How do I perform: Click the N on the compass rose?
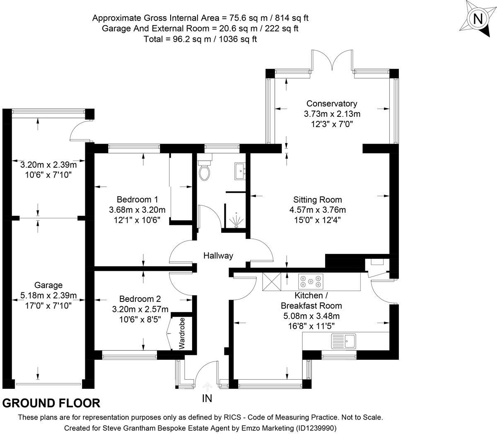click(x=478, y=19)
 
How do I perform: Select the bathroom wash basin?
click(x=240, y=171)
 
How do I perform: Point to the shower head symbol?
click(x=236, y=220)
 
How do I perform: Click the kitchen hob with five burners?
click(x=311, y=282)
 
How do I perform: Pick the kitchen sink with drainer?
click(x=343, y=341)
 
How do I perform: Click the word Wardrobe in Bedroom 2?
click(x=182, y=333)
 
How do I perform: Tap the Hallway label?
click(x=218, y=256)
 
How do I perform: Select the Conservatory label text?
click(x=332, y=104)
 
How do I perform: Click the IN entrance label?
click(x=207, y=398)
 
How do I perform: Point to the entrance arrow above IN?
click(x=207, y=386)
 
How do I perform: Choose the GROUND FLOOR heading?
click(x=51, y=403)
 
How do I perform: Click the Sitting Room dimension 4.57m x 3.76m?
click(x=318, y=210)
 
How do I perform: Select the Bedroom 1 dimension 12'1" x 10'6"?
click(x=137, y=220)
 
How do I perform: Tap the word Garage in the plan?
click(x=48, y=285)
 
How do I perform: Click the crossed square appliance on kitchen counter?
click(x=272, y=282)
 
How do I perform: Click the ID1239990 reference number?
click(x=316, y=428)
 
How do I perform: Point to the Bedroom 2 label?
click(x=140, y=299)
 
